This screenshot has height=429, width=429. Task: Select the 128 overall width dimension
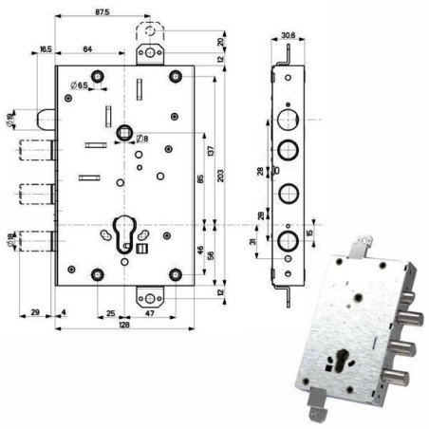124,325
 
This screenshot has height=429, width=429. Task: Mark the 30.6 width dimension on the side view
289,37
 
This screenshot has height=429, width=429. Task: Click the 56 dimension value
210,256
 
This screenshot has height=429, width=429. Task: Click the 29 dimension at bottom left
34,311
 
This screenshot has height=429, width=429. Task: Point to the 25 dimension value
111,311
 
